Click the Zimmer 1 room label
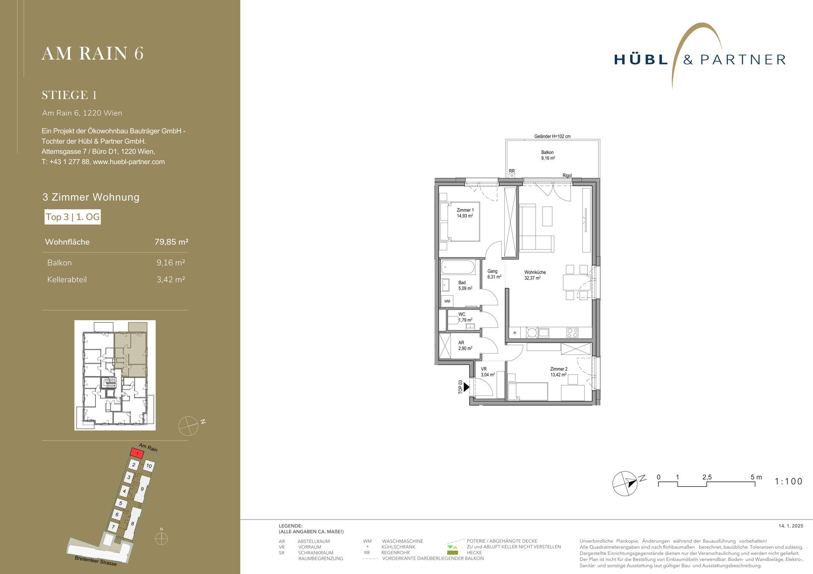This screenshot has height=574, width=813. [x=465, y=213]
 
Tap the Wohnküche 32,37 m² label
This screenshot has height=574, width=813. [x=535, y=275]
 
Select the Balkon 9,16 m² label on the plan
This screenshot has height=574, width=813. [x=548, y=155]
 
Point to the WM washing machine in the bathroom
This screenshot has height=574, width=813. [x=447, y=301]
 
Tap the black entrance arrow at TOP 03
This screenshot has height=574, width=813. [x=467, y=387]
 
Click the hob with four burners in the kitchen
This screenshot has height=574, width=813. [x=572, y=333]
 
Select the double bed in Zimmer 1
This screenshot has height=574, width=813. [x=460, y=222]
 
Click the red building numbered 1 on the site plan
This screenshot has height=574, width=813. [x=137, y=453]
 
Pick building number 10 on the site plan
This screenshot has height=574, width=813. [x=149, y=466]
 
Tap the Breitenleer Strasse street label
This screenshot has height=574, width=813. [x=96, y=560]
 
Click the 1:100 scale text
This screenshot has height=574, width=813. [x=788, y=481]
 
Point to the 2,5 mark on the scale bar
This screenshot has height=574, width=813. [x=707, y=477]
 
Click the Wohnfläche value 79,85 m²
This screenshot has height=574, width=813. [x=171, y=242]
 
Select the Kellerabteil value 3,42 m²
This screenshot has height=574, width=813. [x=171, y=280]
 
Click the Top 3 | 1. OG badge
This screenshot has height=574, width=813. [x=73, y=217]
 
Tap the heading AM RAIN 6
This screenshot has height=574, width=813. [x=93, y=54]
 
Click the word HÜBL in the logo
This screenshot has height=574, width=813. [x=641, y=60]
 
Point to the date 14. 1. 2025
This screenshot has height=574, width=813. [x=791, y=526]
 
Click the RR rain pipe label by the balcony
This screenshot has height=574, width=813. [x=512, y=171]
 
